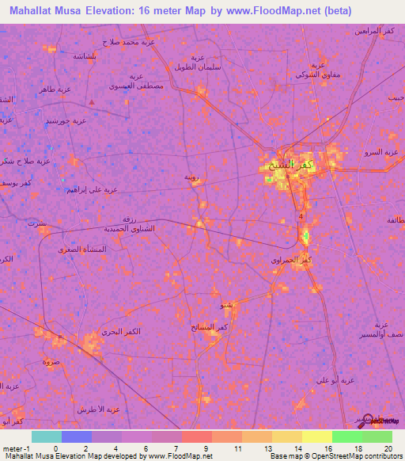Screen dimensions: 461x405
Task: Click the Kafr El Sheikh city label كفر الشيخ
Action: [296, 165]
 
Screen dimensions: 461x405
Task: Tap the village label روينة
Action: [191, 177]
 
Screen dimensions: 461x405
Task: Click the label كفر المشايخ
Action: [213, 326]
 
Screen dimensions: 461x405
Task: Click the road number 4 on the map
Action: [301, 216]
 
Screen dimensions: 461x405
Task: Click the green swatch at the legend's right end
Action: [377, 436]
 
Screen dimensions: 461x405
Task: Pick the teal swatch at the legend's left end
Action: [46, 436]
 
